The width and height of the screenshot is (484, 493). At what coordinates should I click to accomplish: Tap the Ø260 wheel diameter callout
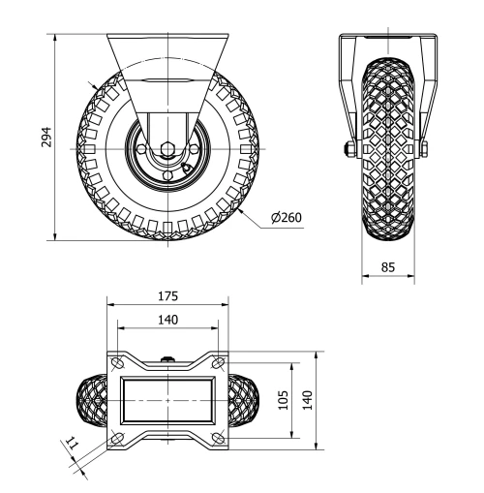click(x=287, y=217)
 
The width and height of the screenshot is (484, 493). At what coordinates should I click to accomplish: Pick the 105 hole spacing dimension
click(x=283, y=400)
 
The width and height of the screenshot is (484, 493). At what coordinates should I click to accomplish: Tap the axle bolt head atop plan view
click(x=169, y=361)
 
